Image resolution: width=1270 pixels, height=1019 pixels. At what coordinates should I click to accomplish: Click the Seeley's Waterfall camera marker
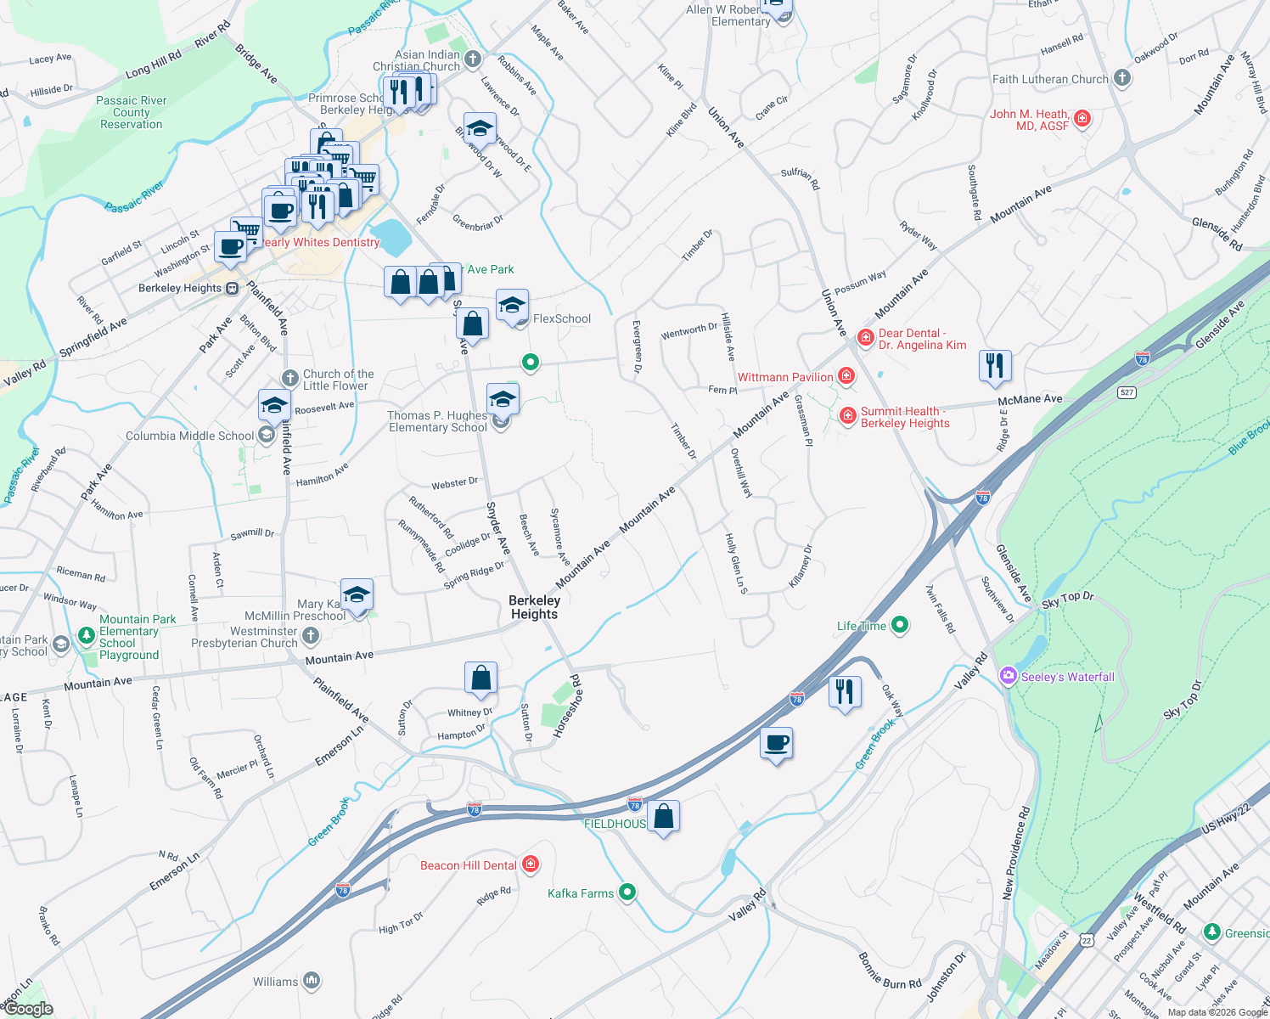pos(1009,676)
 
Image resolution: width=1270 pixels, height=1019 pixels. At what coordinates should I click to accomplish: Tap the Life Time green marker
pos(900,626)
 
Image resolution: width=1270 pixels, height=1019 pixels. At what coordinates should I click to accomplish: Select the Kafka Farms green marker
pos(627,892)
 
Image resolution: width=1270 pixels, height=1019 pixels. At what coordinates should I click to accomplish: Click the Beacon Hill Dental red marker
pos(531,864)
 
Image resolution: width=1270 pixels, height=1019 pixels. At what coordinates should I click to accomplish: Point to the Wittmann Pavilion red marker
pos(846,376)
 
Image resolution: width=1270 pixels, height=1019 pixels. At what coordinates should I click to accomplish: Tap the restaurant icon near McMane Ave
pos(994,365)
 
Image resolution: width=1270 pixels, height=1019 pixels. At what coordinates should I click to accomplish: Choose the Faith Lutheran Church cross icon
pos(1122,79)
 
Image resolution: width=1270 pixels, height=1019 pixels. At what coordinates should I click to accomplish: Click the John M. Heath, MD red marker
pos(1082,118)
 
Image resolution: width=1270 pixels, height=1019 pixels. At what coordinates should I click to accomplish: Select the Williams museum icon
pos(312,982)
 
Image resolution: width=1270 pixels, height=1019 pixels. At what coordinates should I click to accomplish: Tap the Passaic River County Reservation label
pos(132,112)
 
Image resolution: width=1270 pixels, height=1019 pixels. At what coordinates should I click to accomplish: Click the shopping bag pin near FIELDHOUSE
pos(664,816)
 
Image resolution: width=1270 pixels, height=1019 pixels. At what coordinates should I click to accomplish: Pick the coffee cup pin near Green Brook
pos(776,743)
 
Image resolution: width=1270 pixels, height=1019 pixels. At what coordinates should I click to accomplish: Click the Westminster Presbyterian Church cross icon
pos(311,635)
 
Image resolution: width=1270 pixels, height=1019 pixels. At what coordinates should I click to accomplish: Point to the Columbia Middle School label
pos(189,436)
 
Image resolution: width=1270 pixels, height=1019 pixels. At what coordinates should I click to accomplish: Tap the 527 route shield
pos(1127,391)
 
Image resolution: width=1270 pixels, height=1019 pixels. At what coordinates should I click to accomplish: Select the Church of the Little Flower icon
pos(290,378)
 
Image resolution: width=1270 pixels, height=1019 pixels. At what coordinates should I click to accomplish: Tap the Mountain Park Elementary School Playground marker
pos(86,635)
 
